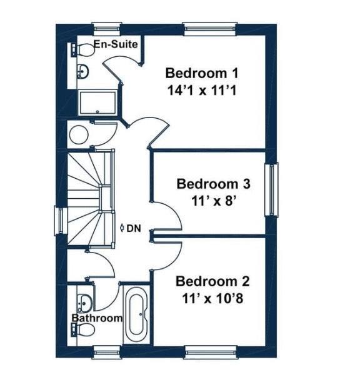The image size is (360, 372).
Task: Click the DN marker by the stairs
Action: (132, 229)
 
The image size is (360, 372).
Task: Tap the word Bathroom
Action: (96, 318)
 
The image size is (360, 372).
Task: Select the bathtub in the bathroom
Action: (136, 315)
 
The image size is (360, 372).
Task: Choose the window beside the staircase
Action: (60, 221)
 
